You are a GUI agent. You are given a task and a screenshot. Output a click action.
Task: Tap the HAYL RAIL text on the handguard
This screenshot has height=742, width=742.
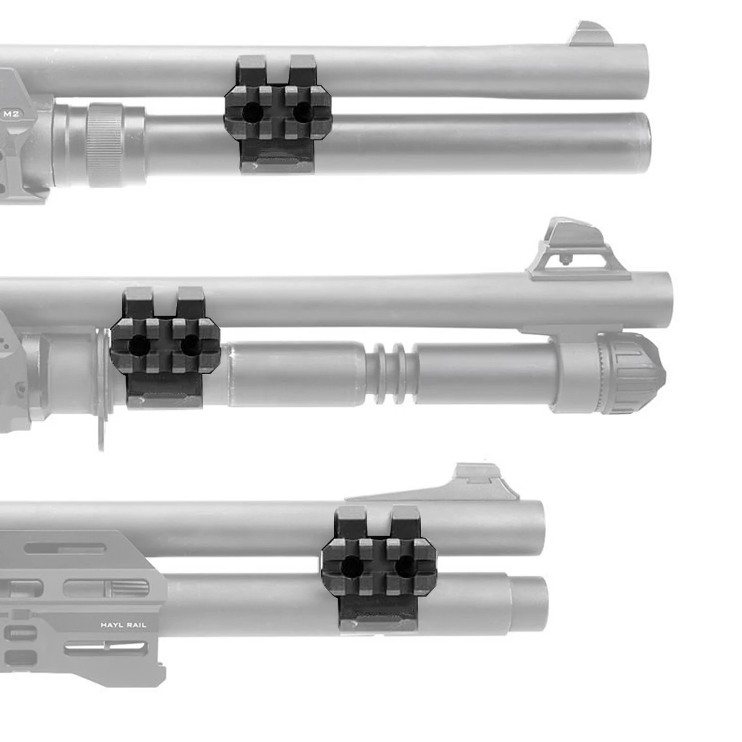point(123,625)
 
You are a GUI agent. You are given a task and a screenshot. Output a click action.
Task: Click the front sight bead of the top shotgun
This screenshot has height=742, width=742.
point(592,34)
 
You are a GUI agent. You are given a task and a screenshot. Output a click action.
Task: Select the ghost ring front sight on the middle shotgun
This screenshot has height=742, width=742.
point(578,250)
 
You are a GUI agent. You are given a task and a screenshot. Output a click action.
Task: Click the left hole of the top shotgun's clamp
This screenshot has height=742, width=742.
point(253,113)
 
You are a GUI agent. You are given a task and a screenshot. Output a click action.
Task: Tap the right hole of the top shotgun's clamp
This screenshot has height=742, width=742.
point(303,112)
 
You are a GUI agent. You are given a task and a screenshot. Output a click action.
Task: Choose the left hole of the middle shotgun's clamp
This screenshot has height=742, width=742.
point(139,346)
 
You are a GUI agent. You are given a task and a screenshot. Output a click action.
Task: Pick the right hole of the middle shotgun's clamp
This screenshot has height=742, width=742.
point(190,345)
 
